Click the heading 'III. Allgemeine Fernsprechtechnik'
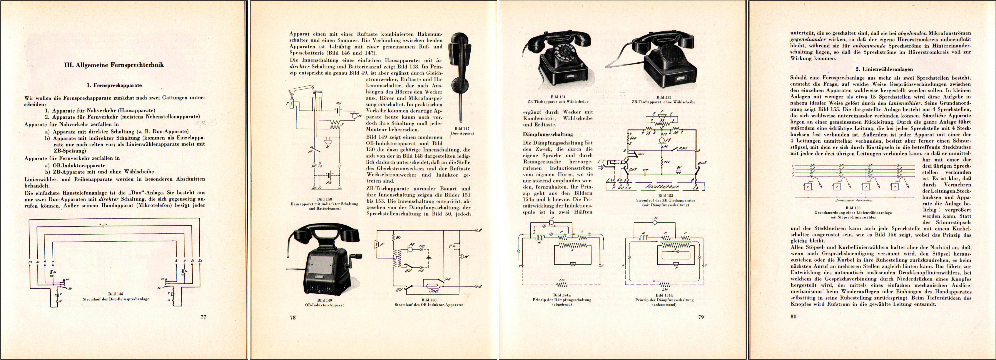[x=114, y=65]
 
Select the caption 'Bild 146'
[x=116, y=294]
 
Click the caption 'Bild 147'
[x=462, y=128]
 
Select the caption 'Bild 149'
[x=324, y=300]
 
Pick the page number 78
[x=293, y=317]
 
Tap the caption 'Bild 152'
[x=663, y=97]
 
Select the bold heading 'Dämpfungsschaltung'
[x=542, y=134]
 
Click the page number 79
[x=701, y=317]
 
